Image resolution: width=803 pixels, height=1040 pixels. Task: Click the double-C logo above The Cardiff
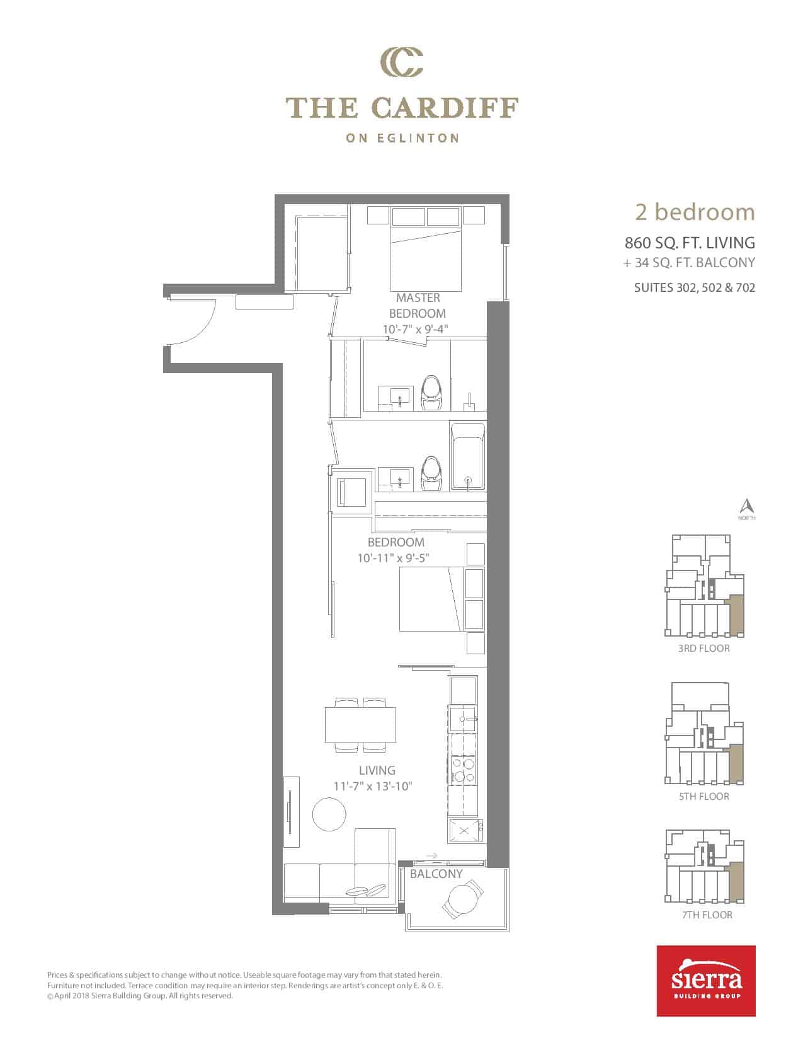[x=401, y=62]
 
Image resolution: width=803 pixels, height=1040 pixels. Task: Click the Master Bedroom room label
[x=418, y=305]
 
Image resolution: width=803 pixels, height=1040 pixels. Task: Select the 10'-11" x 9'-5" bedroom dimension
[x=393, y=558]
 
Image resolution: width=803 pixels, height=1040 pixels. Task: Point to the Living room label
[x=377, y=770]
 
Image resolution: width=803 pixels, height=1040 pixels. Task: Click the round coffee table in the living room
[x=329, y=814]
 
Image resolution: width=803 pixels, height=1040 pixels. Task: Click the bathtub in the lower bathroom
[x=467, y=456]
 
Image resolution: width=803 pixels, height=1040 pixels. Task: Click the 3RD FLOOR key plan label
[x=703, y=649]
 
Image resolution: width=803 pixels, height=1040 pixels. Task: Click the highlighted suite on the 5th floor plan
[x=736, y=763]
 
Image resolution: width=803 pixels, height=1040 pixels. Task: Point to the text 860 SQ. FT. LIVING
[x=690, y=243]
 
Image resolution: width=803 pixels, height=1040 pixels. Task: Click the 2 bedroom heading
[x=695, y=212]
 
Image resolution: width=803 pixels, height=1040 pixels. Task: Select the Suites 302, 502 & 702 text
[x=695, y=287]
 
